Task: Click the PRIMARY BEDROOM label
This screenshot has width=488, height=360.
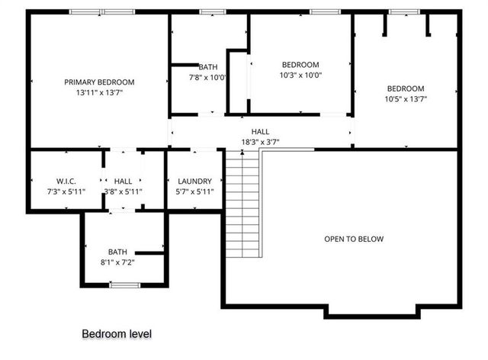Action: click(99, 82)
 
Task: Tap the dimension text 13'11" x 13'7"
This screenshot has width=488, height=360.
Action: click(99, 92)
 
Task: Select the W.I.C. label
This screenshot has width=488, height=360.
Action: click(66, 181)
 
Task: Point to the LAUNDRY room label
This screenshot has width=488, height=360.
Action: click(194, 181)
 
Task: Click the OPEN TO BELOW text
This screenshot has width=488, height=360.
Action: click(354, 239)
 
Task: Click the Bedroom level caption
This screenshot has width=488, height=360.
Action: click(117, 334)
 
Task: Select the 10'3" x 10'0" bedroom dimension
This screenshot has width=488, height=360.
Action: click(300, 76)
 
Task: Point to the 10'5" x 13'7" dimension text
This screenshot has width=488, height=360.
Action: click(406, 98)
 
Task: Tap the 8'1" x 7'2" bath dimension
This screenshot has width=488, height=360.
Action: click(117, 262)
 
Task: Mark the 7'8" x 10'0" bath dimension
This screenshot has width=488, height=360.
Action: click(208, 77)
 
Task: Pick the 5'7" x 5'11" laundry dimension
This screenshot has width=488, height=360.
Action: click(194, 191)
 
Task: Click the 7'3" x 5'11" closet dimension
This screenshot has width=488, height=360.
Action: click(66, 191)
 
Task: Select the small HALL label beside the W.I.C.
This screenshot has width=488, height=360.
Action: click(123, 181)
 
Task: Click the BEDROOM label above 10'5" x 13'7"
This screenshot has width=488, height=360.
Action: click(406, 88)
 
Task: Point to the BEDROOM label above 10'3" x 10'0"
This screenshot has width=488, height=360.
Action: click(300, 65)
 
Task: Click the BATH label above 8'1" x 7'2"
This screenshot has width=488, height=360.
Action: click(117, 252)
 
